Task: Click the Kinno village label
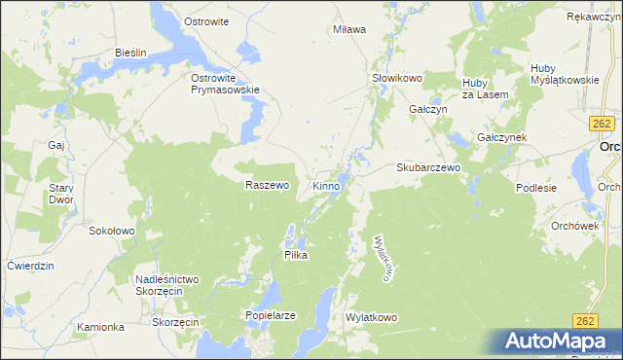326,185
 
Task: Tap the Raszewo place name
268,185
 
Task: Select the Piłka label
295,254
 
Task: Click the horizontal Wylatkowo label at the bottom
372,317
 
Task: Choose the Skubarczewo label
427,167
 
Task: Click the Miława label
349,29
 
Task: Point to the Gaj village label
55,144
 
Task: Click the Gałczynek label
501,137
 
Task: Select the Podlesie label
536,188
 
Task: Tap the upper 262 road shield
601,124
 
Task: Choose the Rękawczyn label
594,17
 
